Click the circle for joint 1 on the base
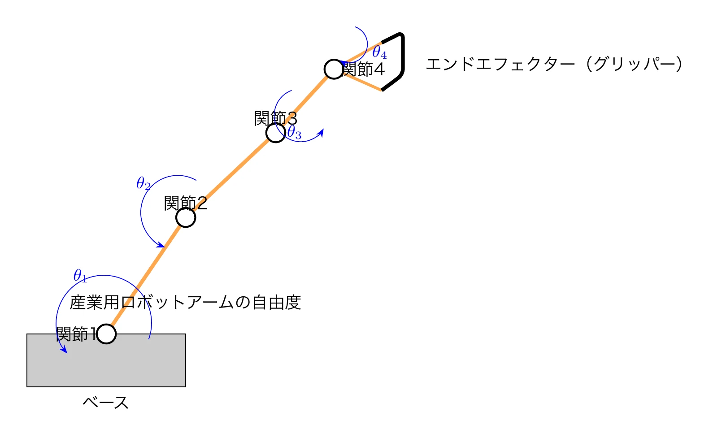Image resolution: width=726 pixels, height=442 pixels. (106, 334)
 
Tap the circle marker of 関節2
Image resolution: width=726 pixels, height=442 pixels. (186, 217)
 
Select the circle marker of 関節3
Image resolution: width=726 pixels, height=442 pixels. (275, 133)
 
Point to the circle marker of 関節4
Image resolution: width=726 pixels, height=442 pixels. (334, 69)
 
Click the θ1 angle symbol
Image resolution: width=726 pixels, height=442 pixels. (80, 276)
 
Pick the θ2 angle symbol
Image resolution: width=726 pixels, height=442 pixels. (143, 183)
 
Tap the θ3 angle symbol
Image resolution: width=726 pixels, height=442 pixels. (294, 133)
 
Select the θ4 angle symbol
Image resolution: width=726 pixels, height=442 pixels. (379, 52)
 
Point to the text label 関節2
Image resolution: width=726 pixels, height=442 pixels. (185, 204)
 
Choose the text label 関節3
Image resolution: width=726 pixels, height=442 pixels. (275, 119)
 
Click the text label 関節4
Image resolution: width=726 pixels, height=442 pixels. (364, 69)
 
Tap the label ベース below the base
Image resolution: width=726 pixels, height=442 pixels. (106, 403)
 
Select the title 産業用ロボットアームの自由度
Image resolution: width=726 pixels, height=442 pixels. (185, 303)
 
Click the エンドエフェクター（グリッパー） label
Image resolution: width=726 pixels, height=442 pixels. (554, 64)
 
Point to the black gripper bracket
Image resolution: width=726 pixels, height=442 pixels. (402, 58)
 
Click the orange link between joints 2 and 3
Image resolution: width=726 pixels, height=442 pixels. (230, 175)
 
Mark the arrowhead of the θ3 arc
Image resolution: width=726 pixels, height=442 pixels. (321, 132)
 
